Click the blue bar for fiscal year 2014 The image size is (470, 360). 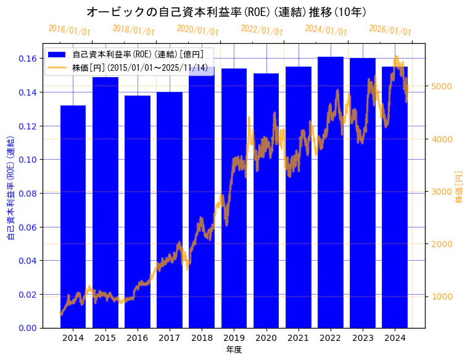click(73, 216)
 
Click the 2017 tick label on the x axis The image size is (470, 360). click(169, 338)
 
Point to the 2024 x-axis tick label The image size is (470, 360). click(395, 338)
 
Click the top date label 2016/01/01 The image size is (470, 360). click(69, 30)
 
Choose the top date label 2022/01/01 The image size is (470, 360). click(262, 30)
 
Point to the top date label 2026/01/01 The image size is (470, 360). click(390, 30)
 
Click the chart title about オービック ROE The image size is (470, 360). click(226, 12)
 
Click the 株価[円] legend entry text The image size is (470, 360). click(142, 67)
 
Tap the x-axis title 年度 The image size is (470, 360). click(234, 350)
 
